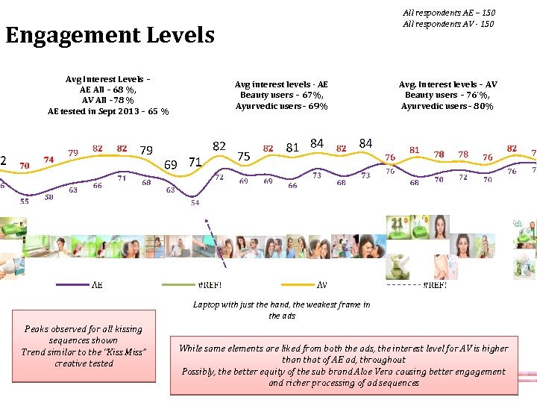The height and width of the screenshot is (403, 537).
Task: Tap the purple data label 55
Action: click(25, 201)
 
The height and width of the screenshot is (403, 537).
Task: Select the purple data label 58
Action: click(48, 197)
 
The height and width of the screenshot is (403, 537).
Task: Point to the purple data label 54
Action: click(195, 202)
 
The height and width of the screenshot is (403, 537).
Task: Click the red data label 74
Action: click(48, 160)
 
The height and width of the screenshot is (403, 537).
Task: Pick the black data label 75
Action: click(243, 156)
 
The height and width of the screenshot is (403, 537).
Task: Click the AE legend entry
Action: click(98, 284)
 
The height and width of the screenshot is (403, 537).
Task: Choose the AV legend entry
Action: click(321, 284)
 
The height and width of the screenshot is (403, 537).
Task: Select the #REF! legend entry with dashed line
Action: click(435, 284)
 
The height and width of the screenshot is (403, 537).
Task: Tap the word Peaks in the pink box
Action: click(37, 329)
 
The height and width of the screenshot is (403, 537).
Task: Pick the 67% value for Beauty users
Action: click(311, 96)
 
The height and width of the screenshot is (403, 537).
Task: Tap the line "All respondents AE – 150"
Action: click(448, 13)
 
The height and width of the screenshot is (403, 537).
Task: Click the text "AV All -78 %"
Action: click(108, 101)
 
